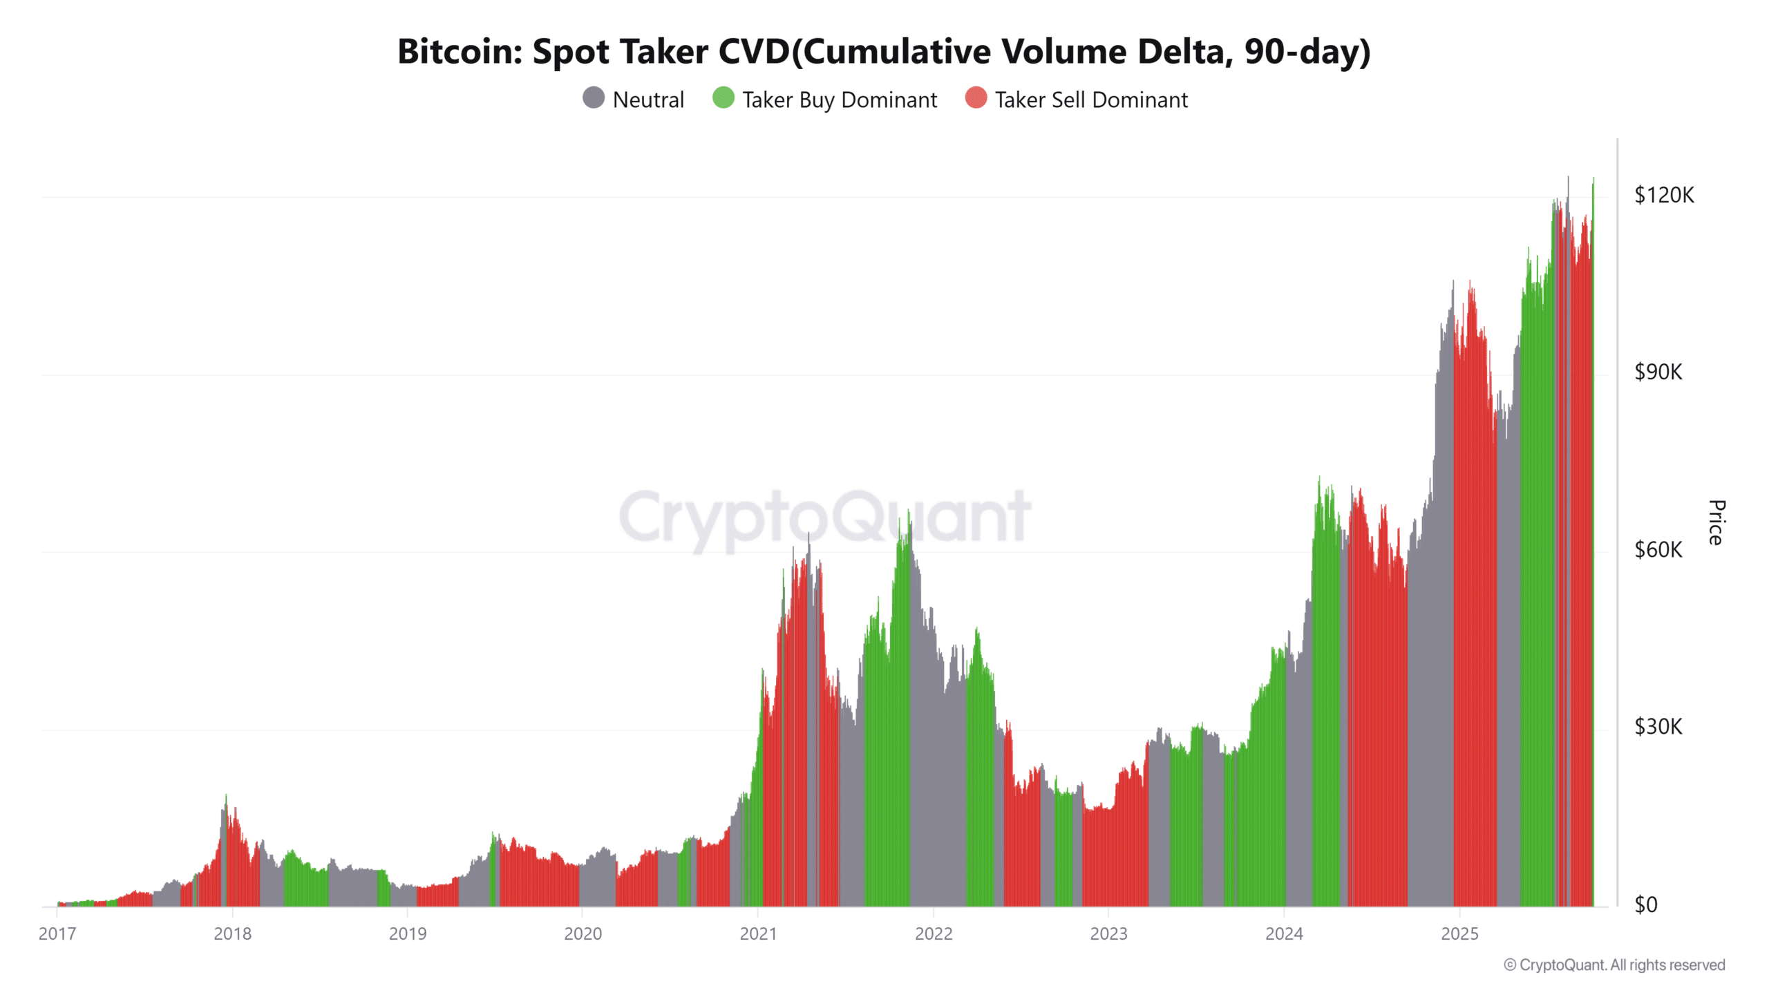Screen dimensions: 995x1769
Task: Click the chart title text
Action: tap(884, 52)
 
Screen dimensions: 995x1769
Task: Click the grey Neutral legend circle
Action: tap(594, 98)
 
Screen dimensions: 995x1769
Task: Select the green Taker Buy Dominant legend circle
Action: tap(723, 98)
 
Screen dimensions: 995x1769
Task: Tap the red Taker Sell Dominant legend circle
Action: tap(976, 98)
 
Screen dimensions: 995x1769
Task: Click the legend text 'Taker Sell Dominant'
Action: tap(1091, 100)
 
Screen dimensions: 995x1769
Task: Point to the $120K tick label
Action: tap(1664, 196)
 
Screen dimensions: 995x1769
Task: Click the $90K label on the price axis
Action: tap(1658, 372)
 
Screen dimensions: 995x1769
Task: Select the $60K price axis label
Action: tap(1658, 550)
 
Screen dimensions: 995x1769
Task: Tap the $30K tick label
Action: tap(1658, 727)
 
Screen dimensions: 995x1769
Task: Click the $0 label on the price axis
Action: tap(1646, 904)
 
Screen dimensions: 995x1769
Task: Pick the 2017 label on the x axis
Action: tap(57, 934)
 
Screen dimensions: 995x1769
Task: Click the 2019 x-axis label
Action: tap(408, 934)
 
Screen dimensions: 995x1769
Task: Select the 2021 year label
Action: tap(758, 934)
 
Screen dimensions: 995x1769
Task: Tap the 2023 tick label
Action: tap(1108, 934)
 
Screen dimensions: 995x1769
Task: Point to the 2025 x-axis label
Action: tap(1459, 934)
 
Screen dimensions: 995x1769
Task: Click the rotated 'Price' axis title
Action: tap(1716, 522)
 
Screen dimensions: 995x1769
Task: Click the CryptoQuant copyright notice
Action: tap(1614, 965)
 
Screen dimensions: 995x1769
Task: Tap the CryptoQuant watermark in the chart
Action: tap(824, 518)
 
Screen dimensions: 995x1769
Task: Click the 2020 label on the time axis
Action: tap(583, 934)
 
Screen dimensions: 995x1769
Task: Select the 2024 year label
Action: tap(1284, 934)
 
